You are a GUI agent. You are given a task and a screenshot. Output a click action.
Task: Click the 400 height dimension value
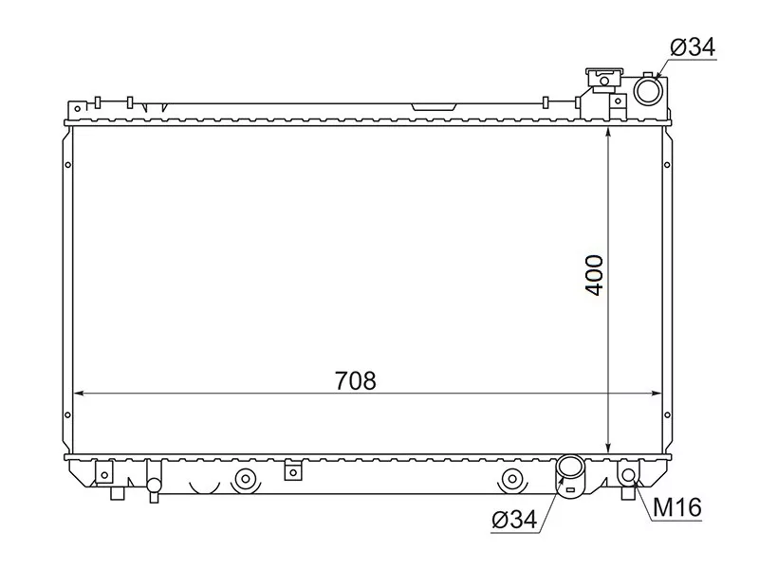click(595, 274)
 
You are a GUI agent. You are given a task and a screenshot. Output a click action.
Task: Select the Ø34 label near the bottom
click(515, 519)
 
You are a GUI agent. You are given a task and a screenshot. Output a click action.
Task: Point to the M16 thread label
click(676, 508)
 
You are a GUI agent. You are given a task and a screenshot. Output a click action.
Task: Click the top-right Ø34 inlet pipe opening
click(649, 91)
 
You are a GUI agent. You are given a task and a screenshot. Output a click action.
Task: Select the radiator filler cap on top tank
click(602, 75)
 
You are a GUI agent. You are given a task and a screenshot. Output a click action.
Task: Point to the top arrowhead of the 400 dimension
click(608, 132)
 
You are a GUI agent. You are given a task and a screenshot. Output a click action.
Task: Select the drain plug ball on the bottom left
click(153, 485)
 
